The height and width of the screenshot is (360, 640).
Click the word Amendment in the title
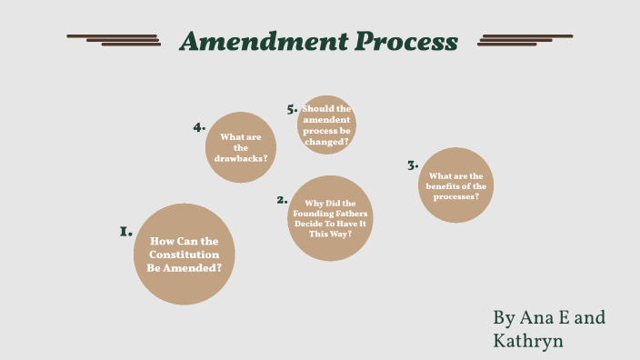[263, 41]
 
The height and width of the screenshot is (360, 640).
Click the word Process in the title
[405, 41]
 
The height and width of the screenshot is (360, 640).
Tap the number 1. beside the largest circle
[126, 233]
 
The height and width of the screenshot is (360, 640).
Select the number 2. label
[283, 200]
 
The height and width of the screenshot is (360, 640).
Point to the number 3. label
[412, 165]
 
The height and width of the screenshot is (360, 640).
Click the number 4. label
[199, 127]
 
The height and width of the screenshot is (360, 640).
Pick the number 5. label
[292, 109]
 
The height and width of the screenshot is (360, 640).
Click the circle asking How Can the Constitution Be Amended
[185, 254]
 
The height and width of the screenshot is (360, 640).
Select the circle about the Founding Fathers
[330, 218]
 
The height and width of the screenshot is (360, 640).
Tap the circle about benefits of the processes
[456, 185]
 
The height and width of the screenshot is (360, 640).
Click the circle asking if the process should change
[326, 125]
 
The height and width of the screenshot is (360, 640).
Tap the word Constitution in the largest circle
[185, 255]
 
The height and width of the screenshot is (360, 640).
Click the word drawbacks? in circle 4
[241, 158]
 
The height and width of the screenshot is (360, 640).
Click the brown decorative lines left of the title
[115, 40]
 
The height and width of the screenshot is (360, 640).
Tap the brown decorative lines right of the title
[525, 40]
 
